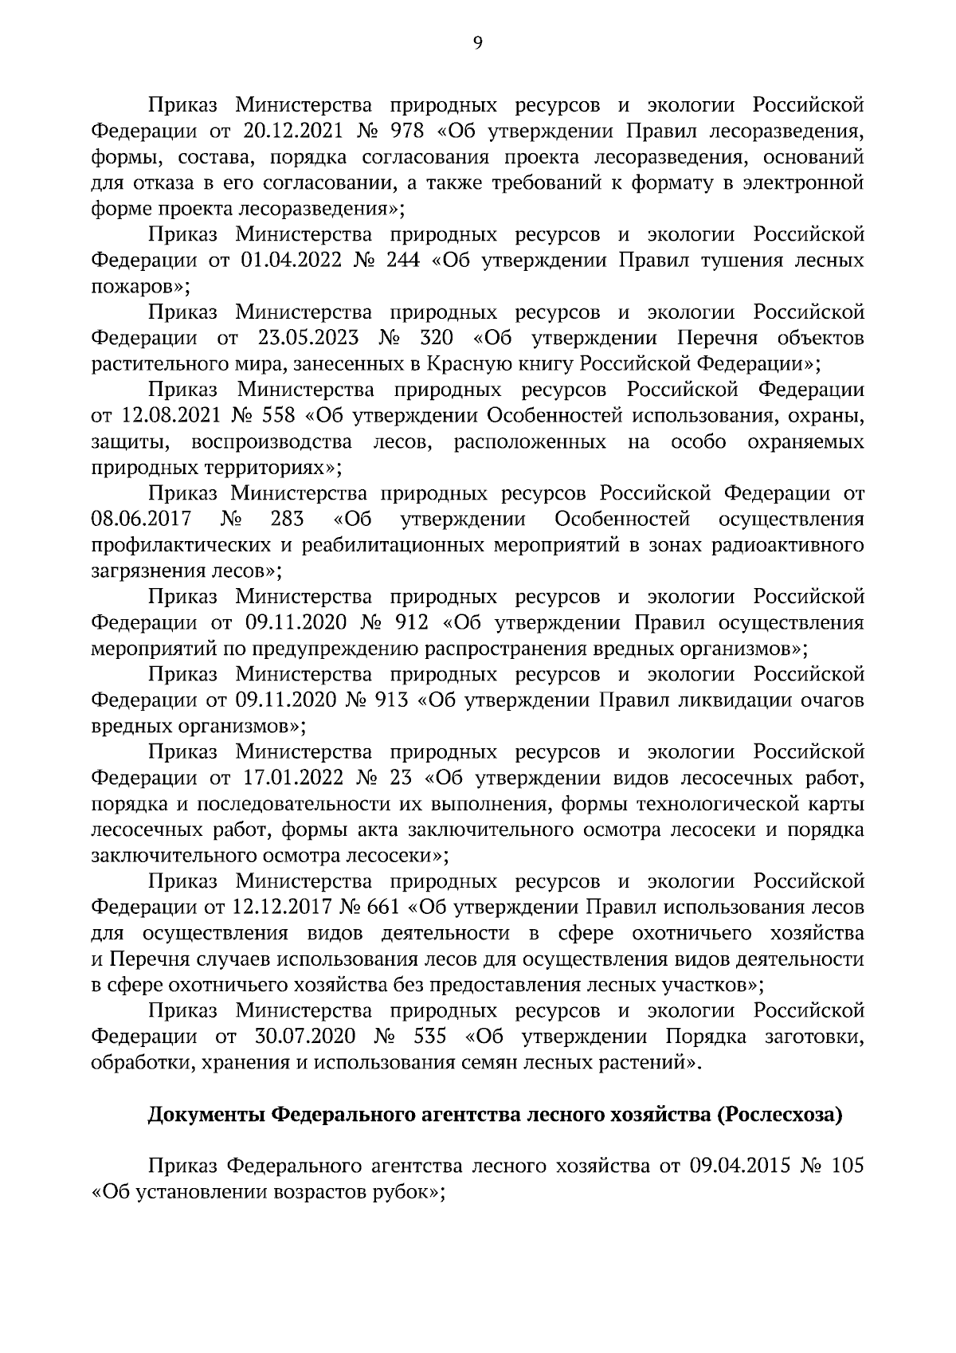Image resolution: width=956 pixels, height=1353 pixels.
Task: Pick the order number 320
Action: [437, 338]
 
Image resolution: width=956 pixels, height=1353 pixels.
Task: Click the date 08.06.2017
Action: [141, 520]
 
